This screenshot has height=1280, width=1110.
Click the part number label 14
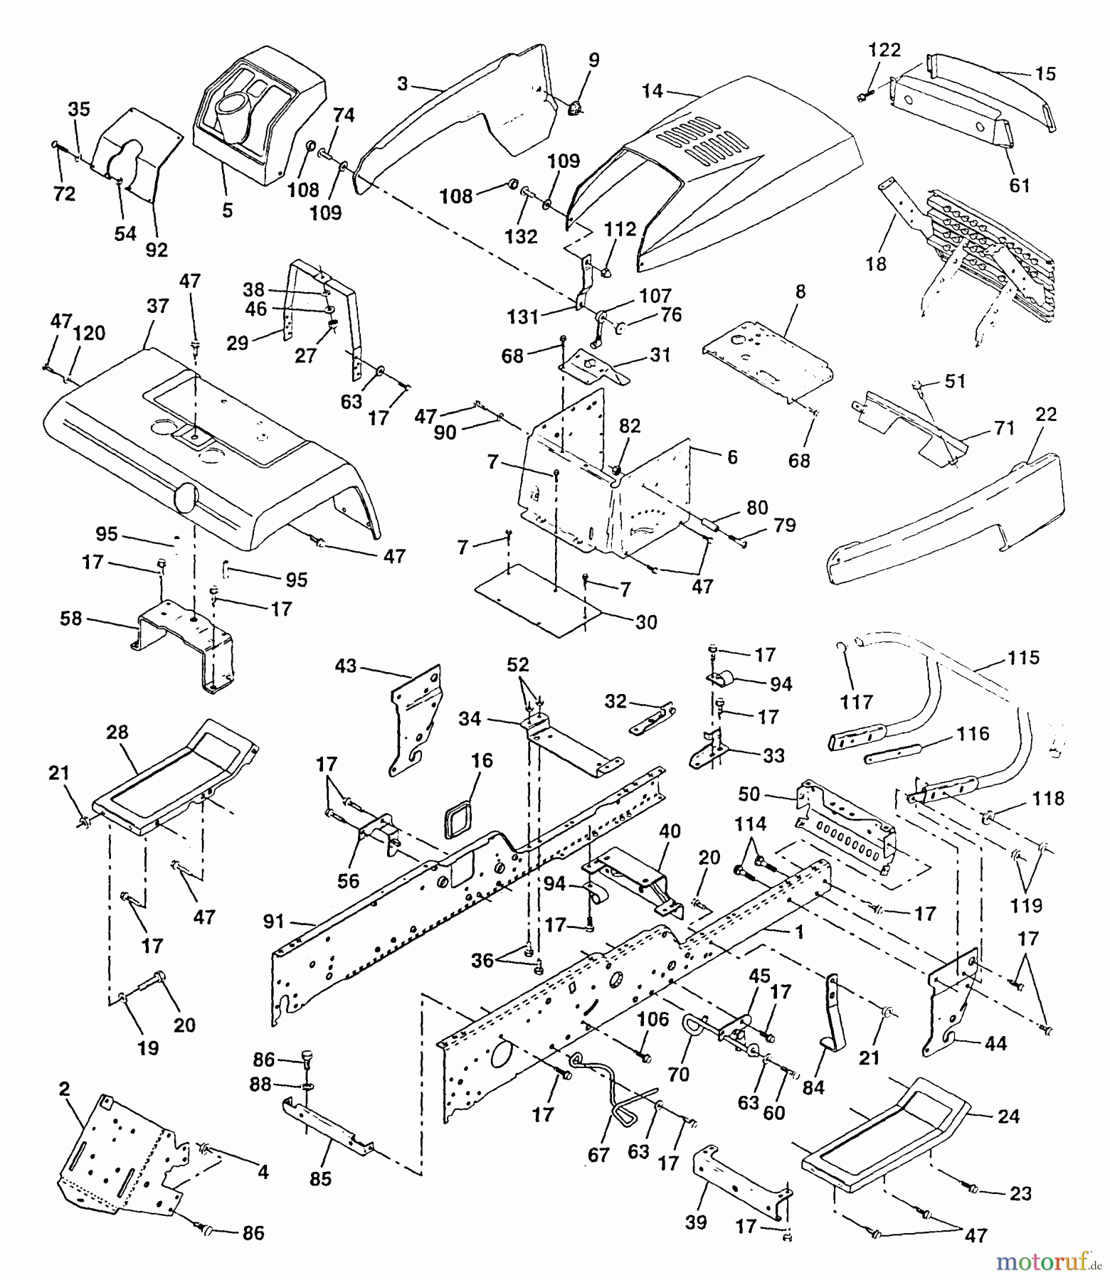(652, 91)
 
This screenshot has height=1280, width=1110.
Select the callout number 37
(158, 306)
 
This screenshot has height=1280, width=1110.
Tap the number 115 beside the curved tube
(1023, 658)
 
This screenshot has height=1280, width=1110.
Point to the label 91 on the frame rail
(273, 922)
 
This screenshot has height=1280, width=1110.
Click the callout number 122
(884, 50)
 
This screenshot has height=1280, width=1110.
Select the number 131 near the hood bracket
(523, 316)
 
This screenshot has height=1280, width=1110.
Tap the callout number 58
(71, 619)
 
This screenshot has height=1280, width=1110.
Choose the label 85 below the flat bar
(320, 1178)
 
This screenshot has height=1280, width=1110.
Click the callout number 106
(653, 1020)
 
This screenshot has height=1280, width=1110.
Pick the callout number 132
(521, 236)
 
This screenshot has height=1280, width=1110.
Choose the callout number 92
(157, 250)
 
